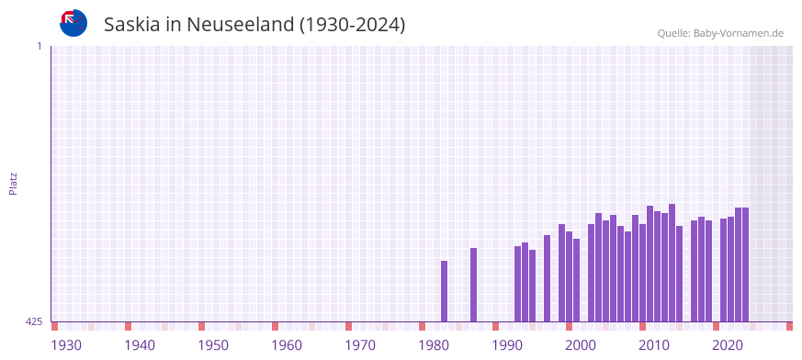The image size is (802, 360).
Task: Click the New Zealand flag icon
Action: click(x=73, y=23)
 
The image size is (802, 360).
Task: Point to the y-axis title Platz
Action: click(x=13, y=183)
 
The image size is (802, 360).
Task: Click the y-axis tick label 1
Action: click(x=40, y=46)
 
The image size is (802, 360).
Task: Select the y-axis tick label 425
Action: click(x=34, y=321)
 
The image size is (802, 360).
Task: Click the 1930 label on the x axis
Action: click(x=66, y=345)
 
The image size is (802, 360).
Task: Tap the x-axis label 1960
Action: click(x=287, y=345)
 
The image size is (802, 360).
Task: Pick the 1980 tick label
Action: click(x=434, y=345)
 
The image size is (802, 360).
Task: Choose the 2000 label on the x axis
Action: click(x=581, y=345)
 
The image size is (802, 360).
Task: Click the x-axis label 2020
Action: click(x=728, y=345)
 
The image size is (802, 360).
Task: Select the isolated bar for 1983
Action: click(x=444, y=291)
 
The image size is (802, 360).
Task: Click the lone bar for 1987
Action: click(x=473, y=285)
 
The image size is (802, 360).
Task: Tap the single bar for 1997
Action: click(x=547, y=278)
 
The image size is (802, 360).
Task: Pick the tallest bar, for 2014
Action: click(x=672, y=263)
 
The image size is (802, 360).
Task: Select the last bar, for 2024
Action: click(x=745, y=264)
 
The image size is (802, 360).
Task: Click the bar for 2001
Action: click(x=576, y=280)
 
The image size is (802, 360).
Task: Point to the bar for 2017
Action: click(x=694, y=271)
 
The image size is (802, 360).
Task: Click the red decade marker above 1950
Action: click(x=201, y=326)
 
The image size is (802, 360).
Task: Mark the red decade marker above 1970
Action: click(x=348, y=326)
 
